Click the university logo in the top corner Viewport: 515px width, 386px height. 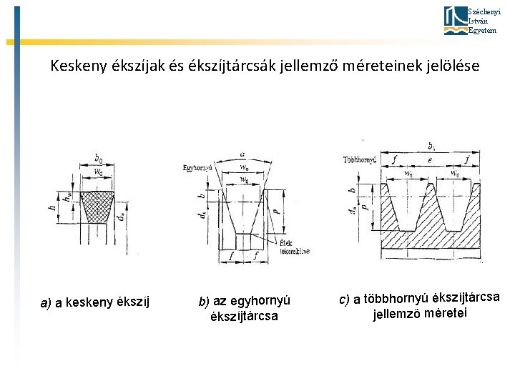(x=454, y=20)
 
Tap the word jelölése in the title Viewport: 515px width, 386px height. (x=451, y=66)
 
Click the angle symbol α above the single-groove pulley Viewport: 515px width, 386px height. (x=244, y=154)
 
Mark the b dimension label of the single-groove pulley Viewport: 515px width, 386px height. (x=202, y=195)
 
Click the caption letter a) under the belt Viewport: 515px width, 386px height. (x=46, y=303)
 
